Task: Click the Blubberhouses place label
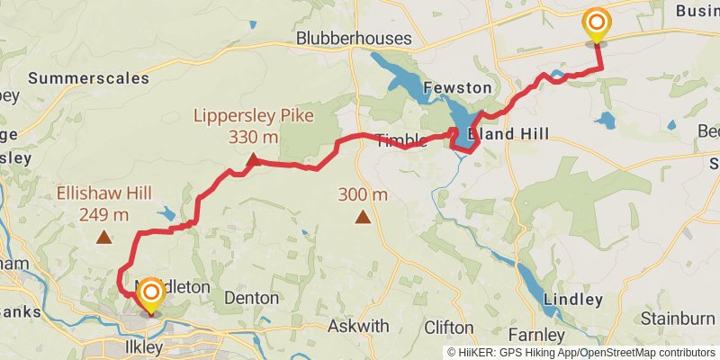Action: point(354,39)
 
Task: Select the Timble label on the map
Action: point(399,140)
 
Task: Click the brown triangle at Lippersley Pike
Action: point(253,161)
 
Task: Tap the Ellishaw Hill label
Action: point(103,193)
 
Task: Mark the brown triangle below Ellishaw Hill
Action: point(104,238)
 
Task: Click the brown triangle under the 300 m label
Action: point(363,216)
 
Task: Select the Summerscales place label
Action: point(88,78)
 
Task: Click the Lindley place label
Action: point(573,300)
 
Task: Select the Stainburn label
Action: point(677,319)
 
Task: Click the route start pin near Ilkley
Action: point(151,294)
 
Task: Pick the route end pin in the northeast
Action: point(596,24)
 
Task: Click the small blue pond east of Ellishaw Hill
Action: point(166,214)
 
